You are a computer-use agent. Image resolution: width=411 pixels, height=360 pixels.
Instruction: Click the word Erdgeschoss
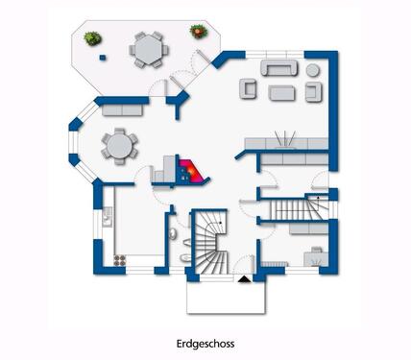click(205, 342)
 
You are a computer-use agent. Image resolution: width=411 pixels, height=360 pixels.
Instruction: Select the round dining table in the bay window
click(119, 145)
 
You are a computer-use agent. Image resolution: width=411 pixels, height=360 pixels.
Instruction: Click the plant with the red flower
click(198, 32)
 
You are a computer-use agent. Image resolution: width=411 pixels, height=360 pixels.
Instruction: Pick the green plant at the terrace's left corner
click(92, 38)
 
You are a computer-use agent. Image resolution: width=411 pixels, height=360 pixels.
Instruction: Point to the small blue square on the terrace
click(102, 55)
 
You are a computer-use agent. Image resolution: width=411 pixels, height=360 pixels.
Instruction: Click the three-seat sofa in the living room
click(279, 69)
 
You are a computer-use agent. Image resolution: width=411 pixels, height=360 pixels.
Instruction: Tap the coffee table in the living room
click(280, 92)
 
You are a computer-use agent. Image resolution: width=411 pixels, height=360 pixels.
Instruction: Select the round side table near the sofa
click(313, 70)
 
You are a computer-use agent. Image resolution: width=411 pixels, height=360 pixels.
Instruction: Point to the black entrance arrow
click(244, 278)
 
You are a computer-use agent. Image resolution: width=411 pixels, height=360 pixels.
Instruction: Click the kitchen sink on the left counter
click(105, 219)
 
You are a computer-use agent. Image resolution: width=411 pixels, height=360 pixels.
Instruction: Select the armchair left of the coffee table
click(248, 90)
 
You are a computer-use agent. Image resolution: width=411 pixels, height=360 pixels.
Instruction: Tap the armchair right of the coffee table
click(312, 91)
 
